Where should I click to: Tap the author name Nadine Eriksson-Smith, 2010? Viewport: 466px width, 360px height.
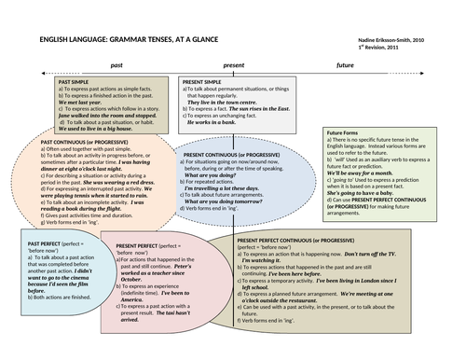coord(392,40)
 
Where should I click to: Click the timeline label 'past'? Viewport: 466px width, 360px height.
coord(116,67)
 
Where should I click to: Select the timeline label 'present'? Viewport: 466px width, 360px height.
coord(234,67)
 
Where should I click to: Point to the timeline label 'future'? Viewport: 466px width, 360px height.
coord(345,67)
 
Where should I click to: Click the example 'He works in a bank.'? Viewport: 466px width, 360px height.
coord(212,122)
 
